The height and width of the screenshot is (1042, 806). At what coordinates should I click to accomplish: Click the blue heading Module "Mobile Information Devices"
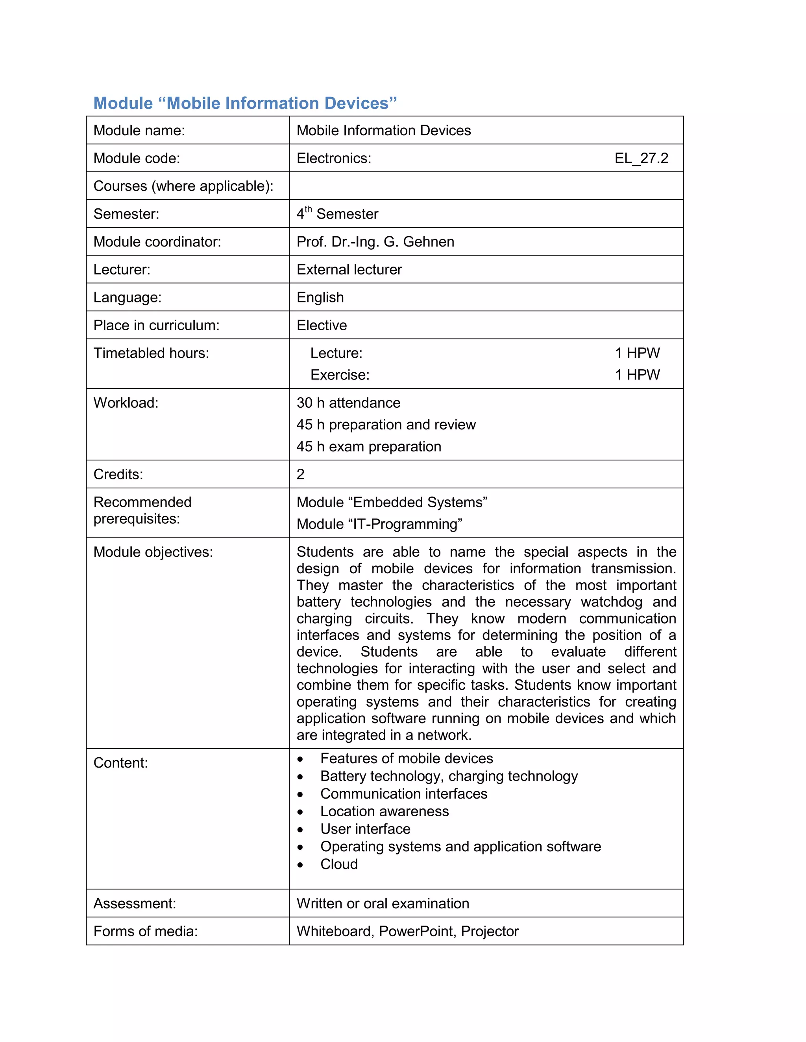click(x=245, y=103)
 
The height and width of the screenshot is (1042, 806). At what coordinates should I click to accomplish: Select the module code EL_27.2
click(x=641, y=158)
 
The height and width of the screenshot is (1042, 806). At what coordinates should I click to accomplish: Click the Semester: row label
click(x=126, y=214)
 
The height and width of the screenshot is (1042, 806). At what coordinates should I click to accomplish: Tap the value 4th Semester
click(x=337, y=213)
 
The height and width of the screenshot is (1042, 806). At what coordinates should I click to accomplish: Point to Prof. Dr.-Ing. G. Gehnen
click(x=375, y=241)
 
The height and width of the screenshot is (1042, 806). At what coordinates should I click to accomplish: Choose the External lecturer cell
click(x=349, y=270)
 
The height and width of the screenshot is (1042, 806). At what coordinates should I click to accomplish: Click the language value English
click(x=320, y=297)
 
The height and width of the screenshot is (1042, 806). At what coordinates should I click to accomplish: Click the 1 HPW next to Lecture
click(x=637, y=353)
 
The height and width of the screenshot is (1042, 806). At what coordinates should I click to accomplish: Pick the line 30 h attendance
click(x=348, y=403)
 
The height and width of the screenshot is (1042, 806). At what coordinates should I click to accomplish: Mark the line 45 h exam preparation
click(x=369, y=447)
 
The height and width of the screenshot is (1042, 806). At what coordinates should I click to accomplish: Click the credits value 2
click(x=300, y=474)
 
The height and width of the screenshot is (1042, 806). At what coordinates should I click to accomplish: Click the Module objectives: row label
click(x=153, y=552)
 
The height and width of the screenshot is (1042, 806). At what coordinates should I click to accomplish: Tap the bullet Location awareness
click(x=385, y=811)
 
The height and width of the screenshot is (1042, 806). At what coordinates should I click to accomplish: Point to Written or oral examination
click(x=383, y=903)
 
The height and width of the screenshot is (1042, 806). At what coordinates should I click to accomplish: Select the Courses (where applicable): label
click(x=183, y=186)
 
